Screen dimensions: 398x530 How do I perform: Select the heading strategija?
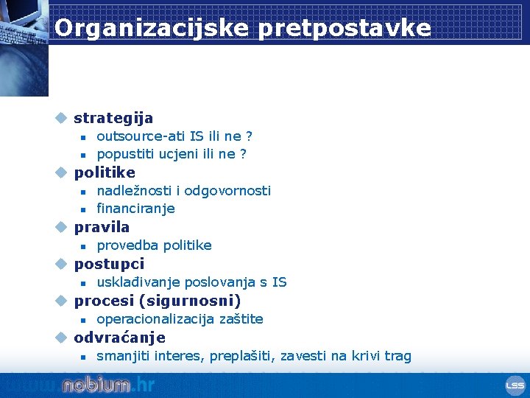click(x=113, y=118)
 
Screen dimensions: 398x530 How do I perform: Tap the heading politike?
click(x=105, y=172)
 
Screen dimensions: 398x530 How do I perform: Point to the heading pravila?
click(x=102, y=227)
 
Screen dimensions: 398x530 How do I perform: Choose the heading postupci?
click(x=109, y=264)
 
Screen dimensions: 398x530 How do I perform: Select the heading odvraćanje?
click(x=119, y=338)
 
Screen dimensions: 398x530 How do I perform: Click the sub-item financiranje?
click(x=135, y=209)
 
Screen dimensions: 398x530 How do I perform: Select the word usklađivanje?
click(x=138, y=282)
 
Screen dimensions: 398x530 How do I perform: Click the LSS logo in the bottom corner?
click(x=515, y=385)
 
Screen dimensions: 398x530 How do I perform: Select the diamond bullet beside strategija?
click(x=62, y=118)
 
